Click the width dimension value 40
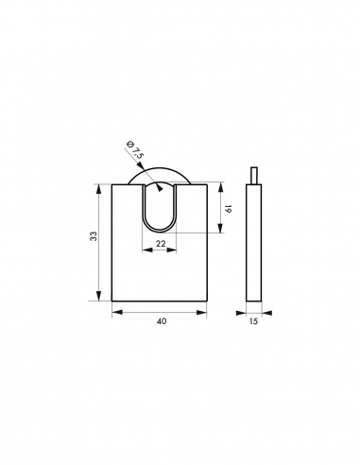[x=161, y=322]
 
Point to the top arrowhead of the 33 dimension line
[x=100, y=186]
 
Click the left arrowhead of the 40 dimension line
[x=114, y=310]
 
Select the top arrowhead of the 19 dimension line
[x=221, y=186]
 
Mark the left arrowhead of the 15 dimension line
[x=247, y=310]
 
